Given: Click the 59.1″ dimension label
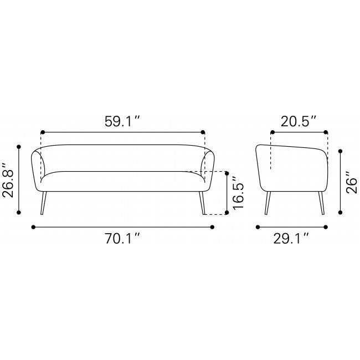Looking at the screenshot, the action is (122, 121).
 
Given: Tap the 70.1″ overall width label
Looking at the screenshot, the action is (122, 238).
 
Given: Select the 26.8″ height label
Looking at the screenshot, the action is (8, 180).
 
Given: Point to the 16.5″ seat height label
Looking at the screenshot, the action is (238, 193).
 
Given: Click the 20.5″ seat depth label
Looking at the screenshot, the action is (299, 121).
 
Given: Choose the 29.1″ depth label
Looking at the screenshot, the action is (291, 238).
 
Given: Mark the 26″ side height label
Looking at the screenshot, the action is (352, 182).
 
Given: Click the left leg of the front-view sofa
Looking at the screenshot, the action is (43, 203).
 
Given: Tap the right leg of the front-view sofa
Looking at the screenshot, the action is (202, 203).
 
